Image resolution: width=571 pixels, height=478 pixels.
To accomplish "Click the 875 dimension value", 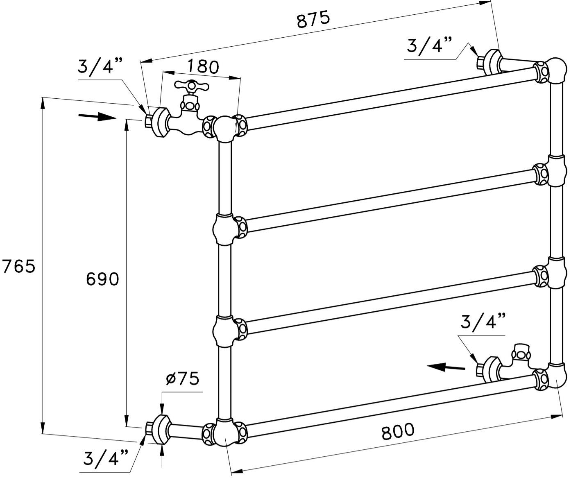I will click(313, 19).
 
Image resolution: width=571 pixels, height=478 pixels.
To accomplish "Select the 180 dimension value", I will click(204, 66).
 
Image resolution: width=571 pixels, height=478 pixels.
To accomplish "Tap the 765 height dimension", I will click(19, 267).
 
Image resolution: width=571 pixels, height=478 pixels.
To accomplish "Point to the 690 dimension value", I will click(102, 279).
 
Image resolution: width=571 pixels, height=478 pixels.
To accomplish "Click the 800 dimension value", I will click(398, 431).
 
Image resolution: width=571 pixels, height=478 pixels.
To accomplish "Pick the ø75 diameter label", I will click(182, 379).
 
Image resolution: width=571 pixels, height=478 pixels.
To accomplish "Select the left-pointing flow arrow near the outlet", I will click(446, 367).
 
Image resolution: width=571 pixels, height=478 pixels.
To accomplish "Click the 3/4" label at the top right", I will click(429, 45).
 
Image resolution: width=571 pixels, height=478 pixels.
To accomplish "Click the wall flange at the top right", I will click(492, 62).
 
